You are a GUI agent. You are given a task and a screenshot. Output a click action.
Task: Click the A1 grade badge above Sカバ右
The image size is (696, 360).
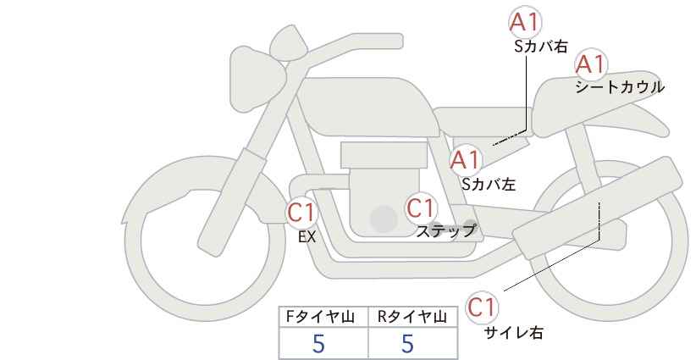[525, 22]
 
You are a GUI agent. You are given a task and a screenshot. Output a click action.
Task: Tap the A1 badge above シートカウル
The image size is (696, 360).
[591, 65]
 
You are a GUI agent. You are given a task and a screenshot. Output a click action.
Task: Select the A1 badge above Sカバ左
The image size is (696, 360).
[465, 160]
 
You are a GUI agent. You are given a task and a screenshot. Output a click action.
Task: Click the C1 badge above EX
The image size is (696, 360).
[301, 213]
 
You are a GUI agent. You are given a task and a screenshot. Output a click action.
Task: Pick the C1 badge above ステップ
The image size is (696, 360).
[420, 208]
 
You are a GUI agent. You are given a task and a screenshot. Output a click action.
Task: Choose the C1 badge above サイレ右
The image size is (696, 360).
[482, 307]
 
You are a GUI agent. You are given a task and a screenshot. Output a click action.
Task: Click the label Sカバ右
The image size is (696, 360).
[541, 47]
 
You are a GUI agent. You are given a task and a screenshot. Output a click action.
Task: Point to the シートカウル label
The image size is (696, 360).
[620, 87]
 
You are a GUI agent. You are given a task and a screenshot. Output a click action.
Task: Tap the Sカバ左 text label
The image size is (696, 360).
[489, 184]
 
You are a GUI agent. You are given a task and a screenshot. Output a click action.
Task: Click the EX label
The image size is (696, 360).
[307, 237]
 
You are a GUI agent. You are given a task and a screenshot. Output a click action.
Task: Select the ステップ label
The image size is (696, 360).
[445, 231]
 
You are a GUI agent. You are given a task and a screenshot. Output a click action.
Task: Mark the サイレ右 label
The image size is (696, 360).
[514, 333]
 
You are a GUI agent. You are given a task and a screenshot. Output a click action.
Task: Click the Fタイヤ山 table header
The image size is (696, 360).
[320, 317]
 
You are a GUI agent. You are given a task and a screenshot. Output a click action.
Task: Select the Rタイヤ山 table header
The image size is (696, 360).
[412, 317]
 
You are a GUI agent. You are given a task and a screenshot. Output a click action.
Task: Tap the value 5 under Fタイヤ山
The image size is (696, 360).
[318, 343]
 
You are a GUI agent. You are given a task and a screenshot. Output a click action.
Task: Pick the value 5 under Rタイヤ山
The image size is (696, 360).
[407, 343]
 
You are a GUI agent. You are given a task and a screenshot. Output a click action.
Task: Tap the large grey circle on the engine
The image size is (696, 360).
[384, 219]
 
